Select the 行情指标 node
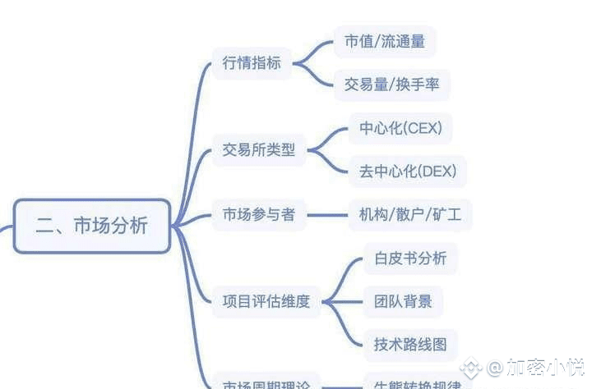252,62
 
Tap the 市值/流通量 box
385,41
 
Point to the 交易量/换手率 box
392,84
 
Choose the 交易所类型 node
258,150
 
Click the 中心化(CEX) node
400,129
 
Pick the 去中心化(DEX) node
407,172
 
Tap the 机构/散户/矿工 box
410,215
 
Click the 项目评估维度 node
266,301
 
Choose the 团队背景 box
397,301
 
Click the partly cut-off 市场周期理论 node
266,383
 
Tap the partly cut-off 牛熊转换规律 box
412,383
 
